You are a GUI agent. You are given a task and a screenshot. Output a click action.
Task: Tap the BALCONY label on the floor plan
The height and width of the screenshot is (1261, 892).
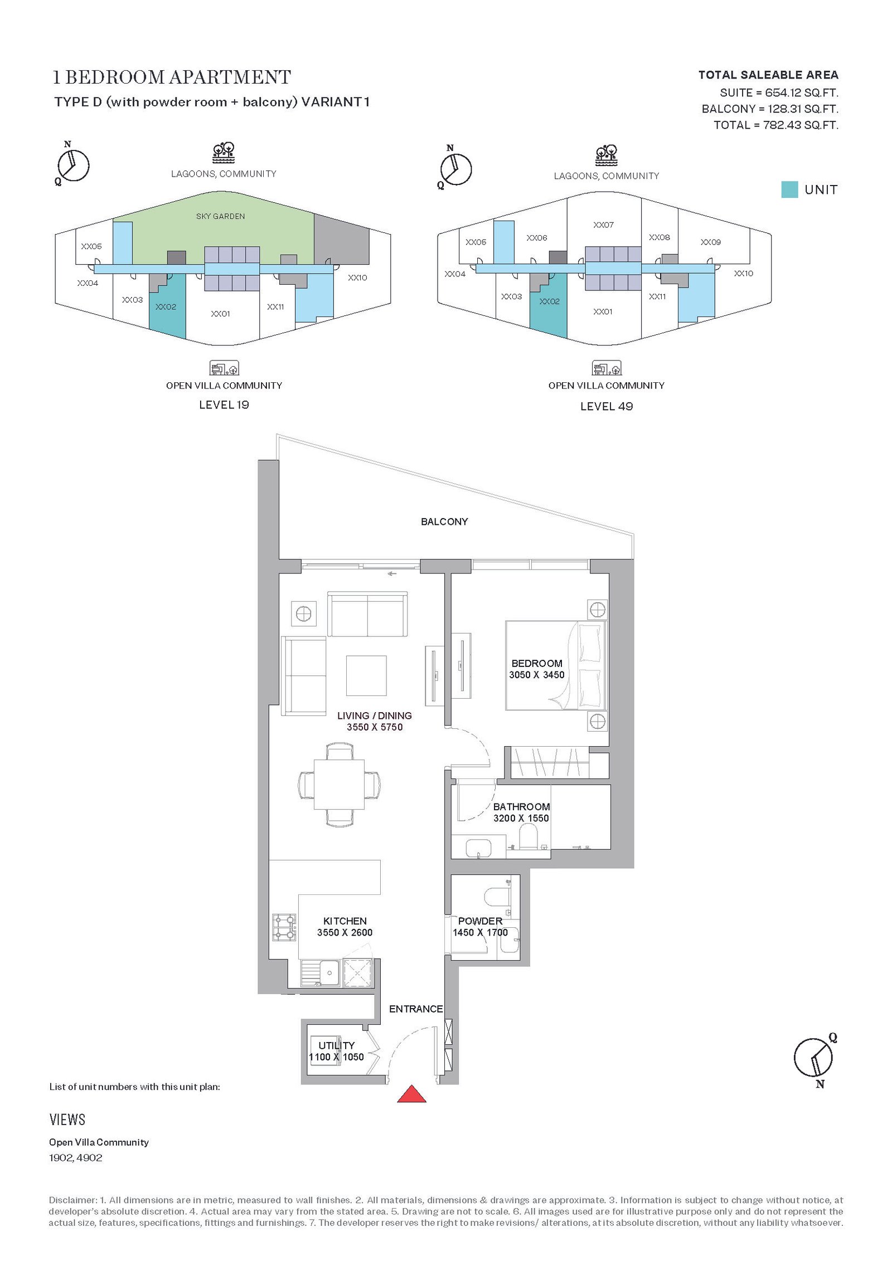[444, 522]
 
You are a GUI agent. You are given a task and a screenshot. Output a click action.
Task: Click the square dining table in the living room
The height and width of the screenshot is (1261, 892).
[339, 785]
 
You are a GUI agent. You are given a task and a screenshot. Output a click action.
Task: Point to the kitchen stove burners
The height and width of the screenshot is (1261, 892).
[284, 928]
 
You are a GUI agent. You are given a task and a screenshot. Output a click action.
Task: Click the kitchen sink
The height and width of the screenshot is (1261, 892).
[321, 972]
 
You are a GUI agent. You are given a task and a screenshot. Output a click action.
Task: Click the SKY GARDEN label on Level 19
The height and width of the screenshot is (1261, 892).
[220, 216]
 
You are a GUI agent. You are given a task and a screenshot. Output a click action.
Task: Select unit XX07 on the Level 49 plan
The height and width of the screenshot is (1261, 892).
[603, 225]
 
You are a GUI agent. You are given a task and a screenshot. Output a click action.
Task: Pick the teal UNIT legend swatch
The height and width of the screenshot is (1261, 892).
[789, 189]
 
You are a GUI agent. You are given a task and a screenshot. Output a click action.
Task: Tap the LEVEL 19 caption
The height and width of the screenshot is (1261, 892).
[224, 405]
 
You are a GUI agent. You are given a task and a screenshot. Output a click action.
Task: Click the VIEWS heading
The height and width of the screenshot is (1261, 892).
[67, 1119]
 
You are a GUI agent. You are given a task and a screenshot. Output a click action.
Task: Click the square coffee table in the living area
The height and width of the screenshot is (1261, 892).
[366, 676]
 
